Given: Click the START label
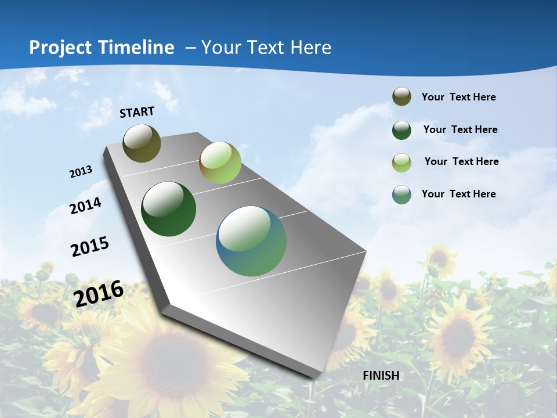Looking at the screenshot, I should [137, 112].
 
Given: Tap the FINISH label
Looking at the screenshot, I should [381, 375].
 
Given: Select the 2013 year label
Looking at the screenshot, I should [81, 172].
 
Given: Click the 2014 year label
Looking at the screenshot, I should [86, 206].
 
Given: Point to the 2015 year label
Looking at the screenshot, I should [90, 247].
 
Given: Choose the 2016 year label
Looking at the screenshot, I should [99, 293].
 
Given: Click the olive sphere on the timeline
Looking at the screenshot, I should [142, 143].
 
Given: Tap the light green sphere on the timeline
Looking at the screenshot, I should [220, 163].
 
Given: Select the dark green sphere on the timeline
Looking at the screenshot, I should [168, 209].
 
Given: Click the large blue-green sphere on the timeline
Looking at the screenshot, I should [251, 241].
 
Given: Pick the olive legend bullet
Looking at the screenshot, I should [402, 96].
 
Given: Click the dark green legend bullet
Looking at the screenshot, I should [402, 130].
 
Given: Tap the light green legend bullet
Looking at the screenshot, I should [402, 163].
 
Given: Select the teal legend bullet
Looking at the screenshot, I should [402, 194].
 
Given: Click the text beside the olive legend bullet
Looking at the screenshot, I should [458, 97].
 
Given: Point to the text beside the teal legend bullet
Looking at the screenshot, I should [458, 194].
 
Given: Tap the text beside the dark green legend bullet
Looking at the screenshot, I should [460, 129].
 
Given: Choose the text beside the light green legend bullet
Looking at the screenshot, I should [461, 161].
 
